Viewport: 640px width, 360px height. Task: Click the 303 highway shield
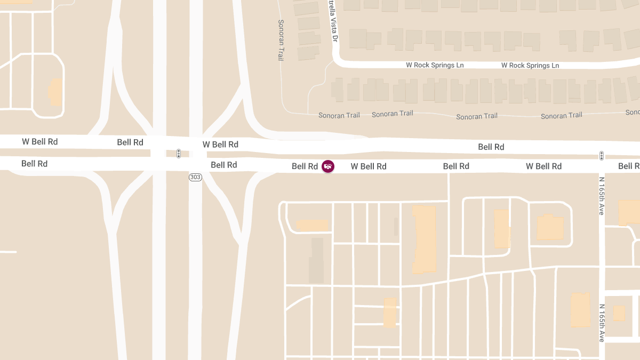pos(195,177)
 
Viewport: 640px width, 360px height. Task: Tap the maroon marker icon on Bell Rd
pos(327,166)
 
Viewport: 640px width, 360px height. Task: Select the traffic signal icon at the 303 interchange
pos(179,154)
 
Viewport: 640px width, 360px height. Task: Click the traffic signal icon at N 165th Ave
pos(601,156)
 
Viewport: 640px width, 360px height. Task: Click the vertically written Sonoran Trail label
pos(281,40)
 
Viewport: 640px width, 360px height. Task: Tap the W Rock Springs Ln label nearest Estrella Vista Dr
pos(435,65)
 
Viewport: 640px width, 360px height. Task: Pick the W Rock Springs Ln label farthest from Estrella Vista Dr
pos(530,65)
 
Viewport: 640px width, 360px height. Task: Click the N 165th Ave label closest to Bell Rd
pos(601,196)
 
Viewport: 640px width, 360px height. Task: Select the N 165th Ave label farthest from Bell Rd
pos(601,323)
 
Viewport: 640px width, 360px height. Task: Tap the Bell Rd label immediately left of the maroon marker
pos(305,166)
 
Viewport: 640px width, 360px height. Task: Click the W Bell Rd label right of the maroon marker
pos(369,166)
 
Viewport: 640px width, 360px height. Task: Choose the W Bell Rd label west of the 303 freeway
pos(39,142)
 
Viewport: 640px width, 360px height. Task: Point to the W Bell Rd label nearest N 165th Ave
pos(543,166)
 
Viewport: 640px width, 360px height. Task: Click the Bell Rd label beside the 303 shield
pos(223,165)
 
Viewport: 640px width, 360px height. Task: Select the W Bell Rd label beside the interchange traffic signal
pos(220,145)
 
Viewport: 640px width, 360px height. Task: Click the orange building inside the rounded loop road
pos(55,92)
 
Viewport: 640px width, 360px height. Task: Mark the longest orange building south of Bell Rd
pos(425,239)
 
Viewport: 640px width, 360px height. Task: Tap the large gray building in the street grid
pos(317,260)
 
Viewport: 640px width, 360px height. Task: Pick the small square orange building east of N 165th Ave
pos(619,313)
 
